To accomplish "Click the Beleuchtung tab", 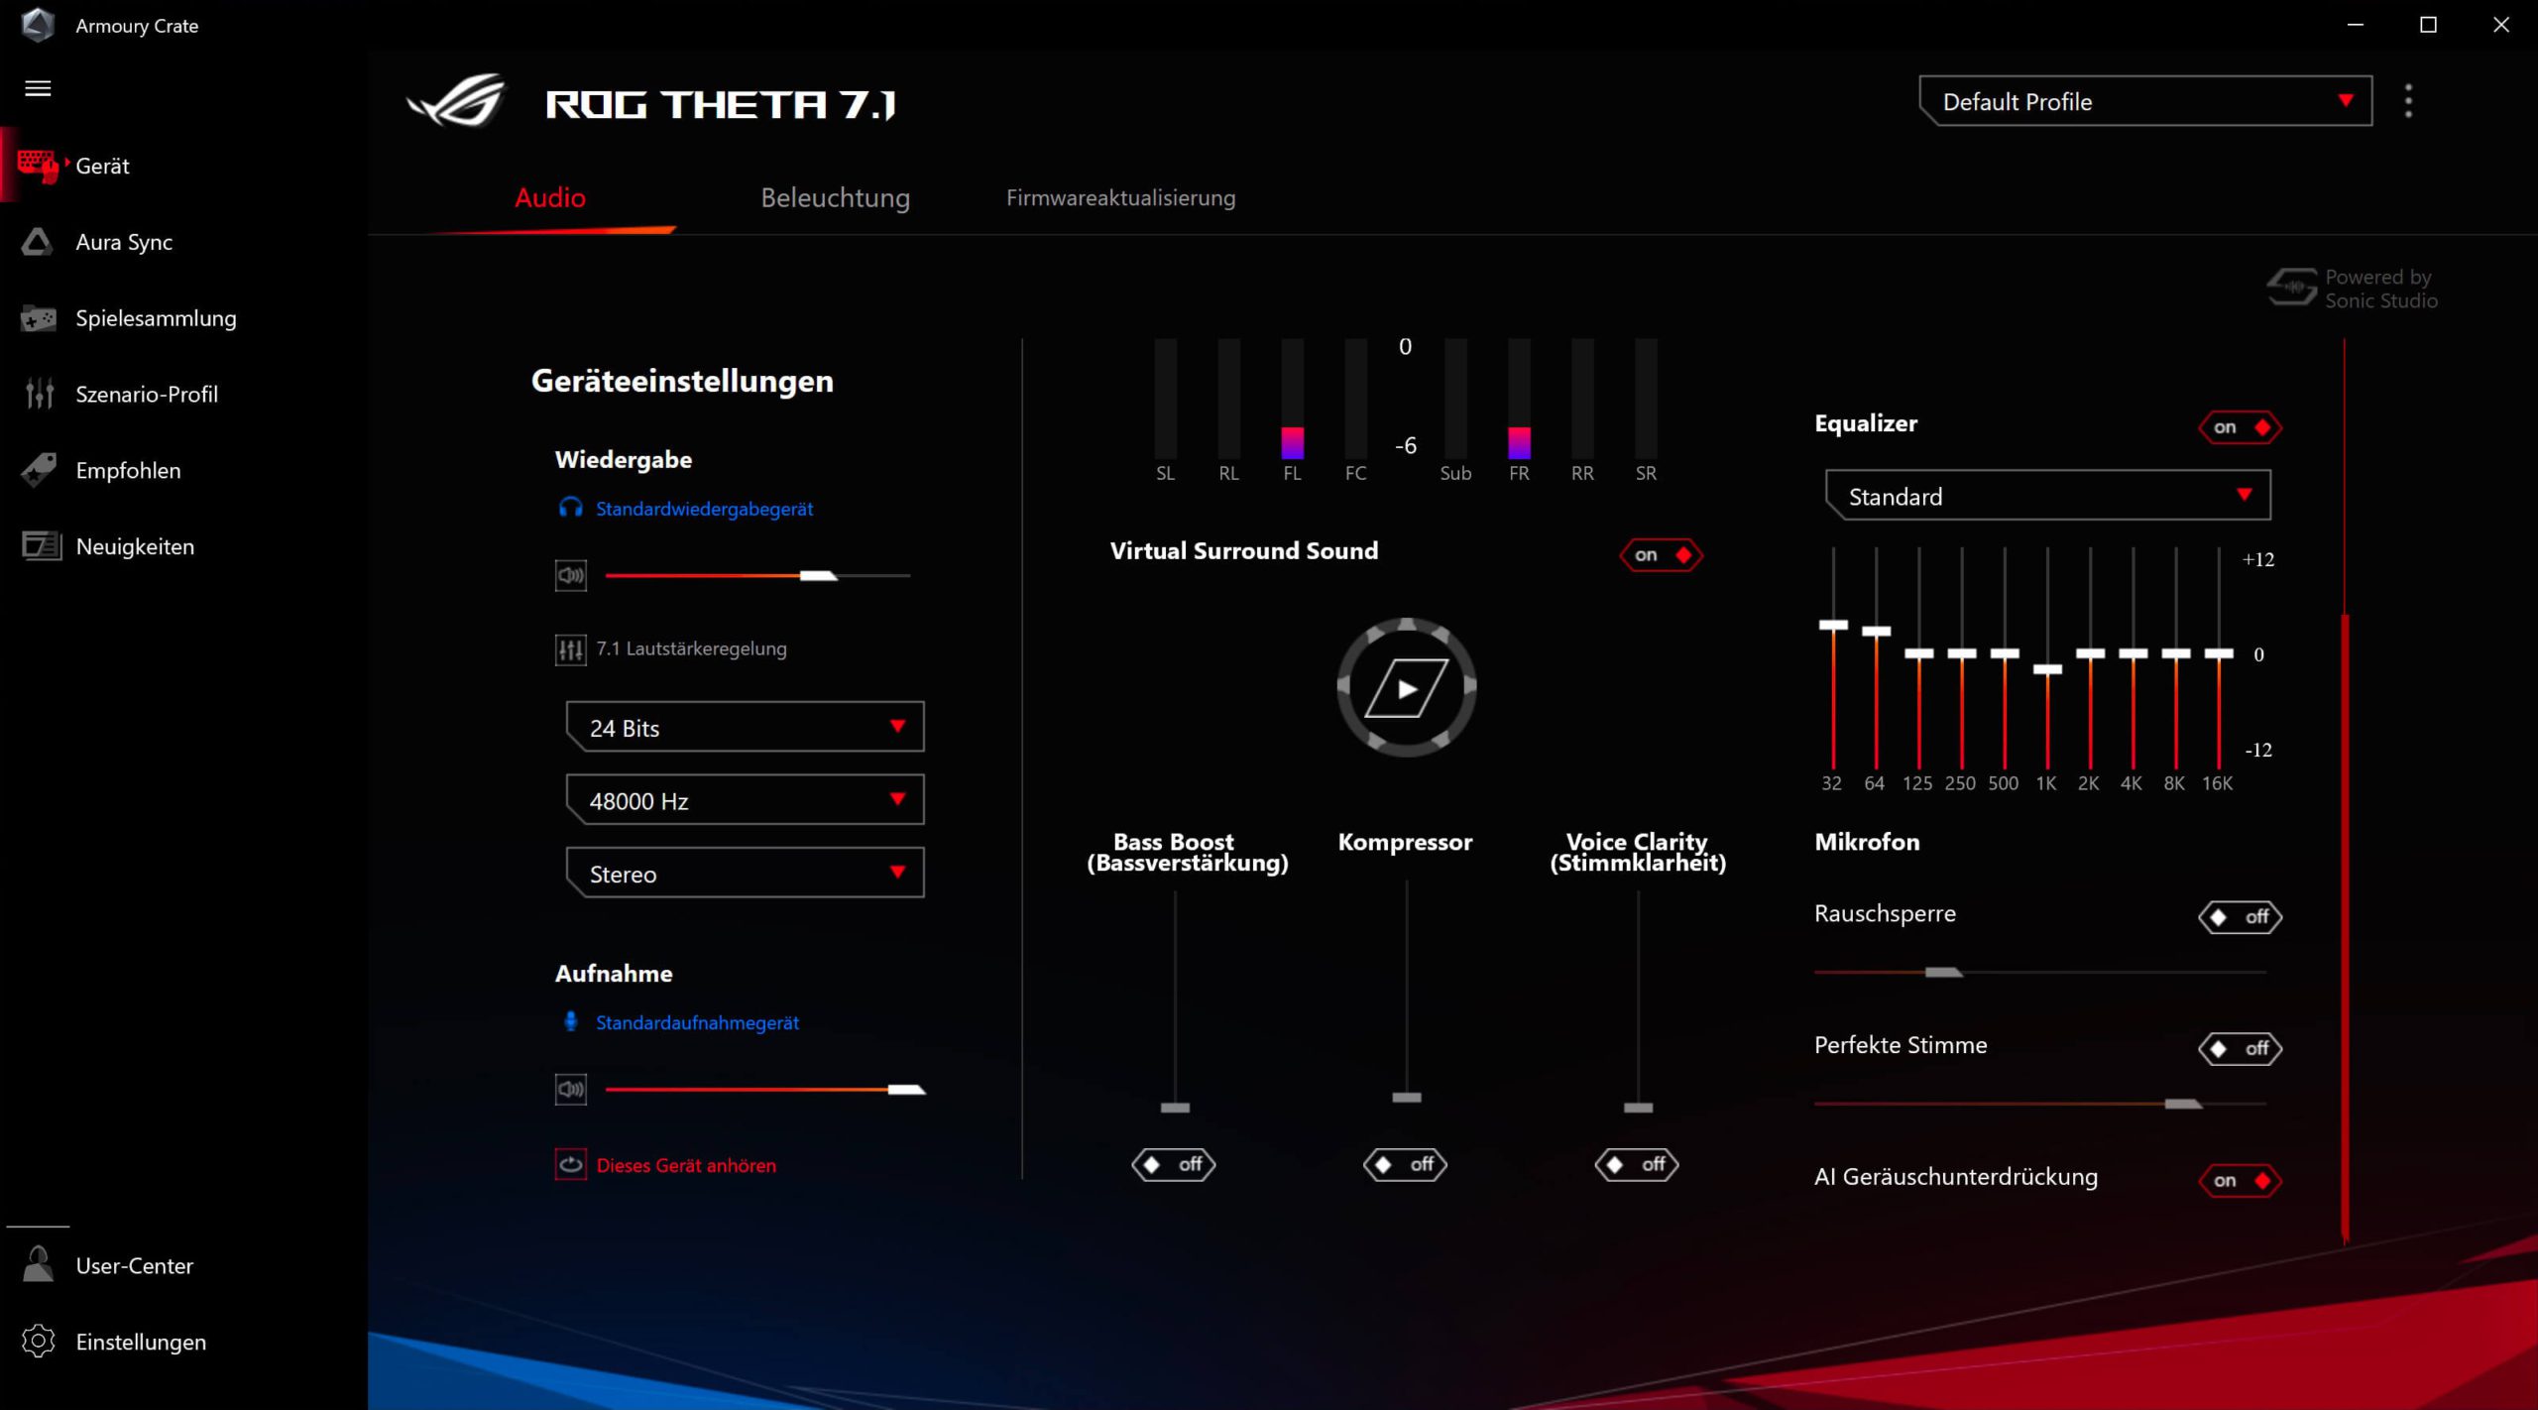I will pyautogui.click(x=835, y=198).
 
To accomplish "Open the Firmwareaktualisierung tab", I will pyautogui.click(x=1120, y=198).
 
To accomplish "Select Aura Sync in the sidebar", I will pyautogui.click(x=124, y=242).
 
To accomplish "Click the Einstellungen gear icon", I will pyautogui.click(x=39, y=1341).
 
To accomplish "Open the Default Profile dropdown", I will pyautogui.click(x=2145, y=101).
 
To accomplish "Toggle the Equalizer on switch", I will pyautogui.click(x=2240, y=427).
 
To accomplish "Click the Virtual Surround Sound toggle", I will pyautogui.click(x=1661, y=555).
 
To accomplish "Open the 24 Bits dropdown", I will pyautogui.click(x=745, y=728).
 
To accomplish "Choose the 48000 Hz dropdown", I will pyautogui.click(x=745, y=800).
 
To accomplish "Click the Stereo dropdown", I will pyautogui.click(x=745, y=874).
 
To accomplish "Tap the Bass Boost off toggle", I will pyautogui.click(x=1174, y=1164).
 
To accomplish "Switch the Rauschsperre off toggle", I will pyautogui.click(x=2240, y=917).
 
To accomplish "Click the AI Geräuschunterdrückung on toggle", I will pyautogui.click(x=2240, y=1180).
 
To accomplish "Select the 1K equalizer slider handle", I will pyautogui.click(x=2047, y=669).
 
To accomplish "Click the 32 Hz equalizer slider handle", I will pyautogui.click(x=1833, y=626).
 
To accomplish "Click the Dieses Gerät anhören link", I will pyautogui.click(x=686, y=1166).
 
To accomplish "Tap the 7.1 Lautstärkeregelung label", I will pyautogui.click(x=691, y=649).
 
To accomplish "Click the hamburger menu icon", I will pyautogui.click(x=38, y=88).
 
